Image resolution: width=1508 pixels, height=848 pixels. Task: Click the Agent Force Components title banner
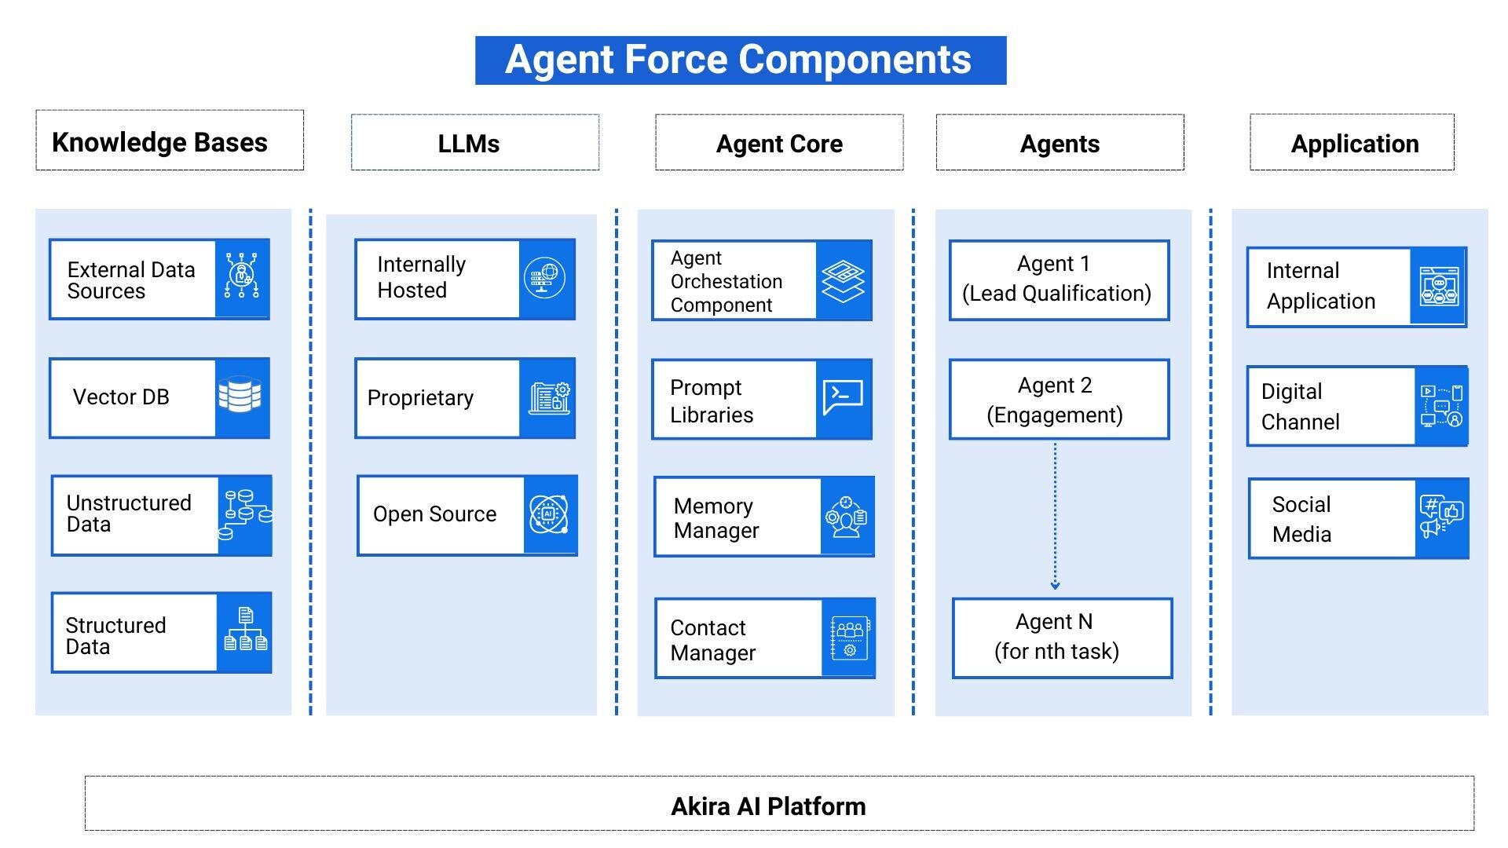pyautogui.click(x=740, y=60)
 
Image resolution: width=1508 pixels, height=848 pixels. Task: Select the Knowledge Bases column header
pyautogui.click(x=170, y=141)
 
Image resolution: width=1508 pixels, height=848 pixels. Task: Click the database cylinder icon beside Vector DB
pyautogui.click(x=240, y=396)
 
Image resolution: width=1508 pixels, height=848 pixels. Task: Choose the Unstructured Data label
pyautogui.click(x=129, y=514)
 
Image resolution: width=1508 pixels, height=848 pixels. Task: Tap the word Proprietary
pyautogui.click(x=420, y=398)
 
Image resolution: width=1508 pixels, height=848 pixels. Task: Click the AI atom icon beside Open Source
pyautogui.click(x=548, y=514)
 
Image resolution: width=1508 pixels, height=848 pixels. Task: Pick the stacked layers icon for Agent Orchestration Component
pyautogui.click(x=843, y=280)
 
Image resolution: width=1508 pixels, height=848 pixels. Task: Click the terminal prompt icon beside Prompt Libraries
pyautogui.click(x=843, y=397)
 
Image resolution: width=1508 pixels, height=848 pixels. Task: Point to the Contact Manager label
pyautogui.click(x=712, y=640)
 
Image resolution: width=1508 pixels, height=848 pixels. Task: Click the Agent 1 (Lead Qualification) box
pyautogui.click(x=1058, y=280)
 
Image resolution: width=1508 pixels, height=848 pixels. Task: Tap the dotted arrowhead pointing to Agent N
pyautogui.click(x=1055, y=585)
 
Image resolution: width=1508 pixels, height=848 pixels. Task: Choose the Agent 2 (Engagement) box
pyautogui.click(x=1058, y=399)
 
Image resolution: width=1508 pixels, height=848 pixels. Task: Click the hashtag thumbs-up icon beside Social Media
pyautogui.click(x=1441, y=517)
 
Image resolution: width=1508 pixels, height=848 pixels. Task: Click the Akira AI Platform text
pyautogui.click(x=768, y=806)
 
